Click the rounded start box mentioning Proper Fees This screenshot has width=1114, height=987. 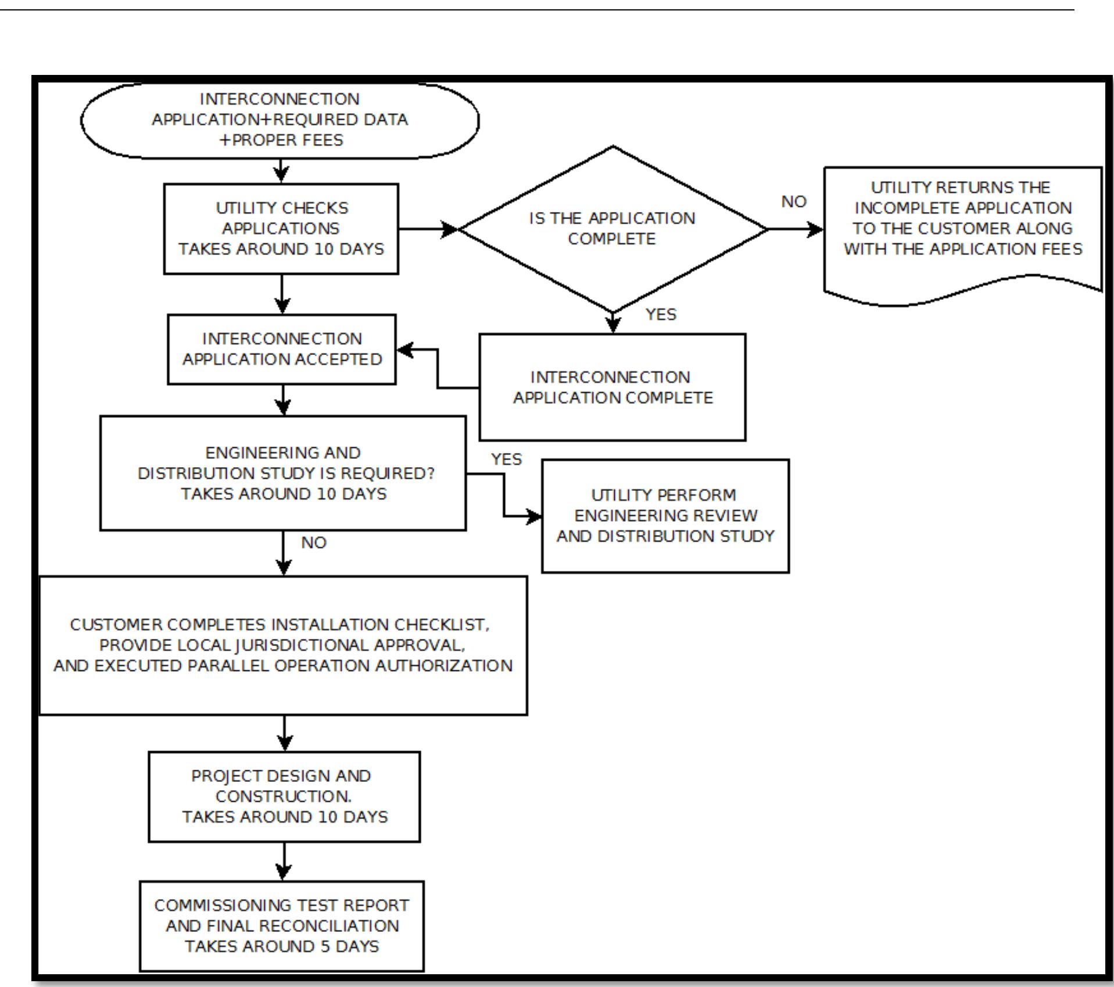(280, 120)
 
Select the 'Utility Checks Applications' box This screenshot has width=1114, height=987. (281, 228)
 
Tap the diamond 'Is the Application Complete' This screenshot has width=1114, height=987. (612, 228)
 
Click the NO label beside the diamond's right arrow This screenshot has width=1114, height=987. (794, 202)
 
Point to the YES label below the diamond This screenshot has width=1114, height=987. (661, 314)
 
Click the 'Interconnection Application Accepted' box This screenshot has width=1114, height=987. (282, 349)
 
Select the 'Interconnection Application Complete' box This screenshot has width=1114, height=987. (612, 387)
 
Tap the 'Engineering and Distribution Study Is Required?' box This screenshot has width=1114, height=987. (283, 473)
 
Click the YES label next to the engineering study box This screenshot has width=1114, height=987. (507, 459)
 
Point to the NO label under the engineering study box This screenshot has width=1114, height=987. (314, 543)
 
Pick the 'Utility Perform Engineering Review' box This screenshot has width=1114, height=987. (665, 516)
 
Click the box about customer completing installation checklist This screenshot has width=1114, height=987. (283, 645)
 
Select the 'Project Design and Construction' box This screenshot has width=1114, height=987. (284, 796)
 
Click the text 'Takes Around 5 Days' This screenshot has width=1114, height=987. (282, 946)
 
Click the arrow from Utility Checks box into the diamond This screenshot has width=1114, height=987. (428, 229)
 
